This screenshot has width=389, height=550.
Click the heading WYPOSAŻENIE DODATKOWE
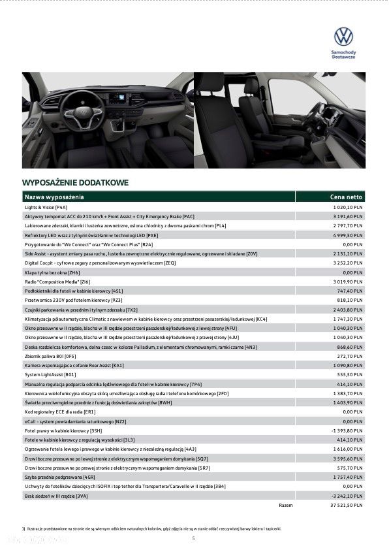(75, 182)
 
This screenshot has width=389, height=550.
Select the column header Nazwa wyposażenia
(54, 197)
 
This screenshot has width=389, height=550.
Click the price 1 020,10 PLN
(347, 206)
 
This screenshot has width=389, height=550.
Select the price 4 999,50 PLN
(347, 235)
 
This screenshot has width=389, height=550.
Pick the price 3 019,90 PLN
(347, 282)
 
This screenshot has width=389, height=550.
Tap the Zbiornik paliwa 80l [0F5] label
(51, 356)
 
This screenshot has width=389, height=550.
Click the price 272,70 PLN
(351, 356)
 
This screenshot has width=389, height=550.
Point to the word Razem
(285, 506)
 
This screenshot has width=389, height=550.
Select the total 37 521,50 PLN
(346, 506)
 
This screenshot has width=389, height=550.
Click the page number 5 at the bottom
(193, 538)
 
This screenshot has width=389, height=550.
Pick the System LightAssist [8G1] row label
(51, 375)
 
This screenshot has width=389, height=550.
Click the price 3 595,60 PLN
(347, 459)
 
